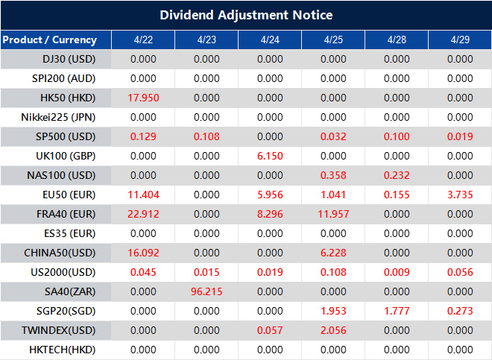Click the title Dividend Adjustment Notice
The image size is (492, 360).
coord(246,15)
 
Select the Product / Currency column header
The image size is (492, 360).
coord(50,40)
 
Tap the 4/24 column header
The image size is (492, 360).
coord(270,40)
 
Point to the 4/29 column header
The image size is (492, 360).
coord(459,40)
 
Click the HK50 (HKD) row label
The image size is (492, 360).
coord(68,98)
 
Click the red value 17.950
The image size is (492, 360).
coord(143,98)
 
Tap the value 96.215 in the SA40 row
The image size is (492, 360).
coord(206,291)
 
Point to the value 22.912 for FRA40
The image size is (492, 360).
coord(143,214)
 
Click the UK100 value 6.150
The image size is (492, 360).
coord(270,156)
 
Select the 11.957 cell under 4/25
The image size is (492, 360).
coord(333,214)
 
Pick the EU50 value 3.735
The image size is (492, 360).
coord(460,195)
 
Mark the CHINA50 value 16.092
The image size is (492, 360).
coord(143,253)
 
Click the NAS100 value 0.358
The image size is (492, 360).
coord(333,175)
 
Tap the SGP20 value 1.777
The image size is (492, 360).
coord(397,311)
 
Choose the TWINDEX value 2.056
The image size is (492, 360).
coord(333,330)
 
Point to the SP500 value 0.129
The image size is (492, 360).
coord(143,136)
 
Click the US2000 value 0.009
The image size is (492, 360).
coord(397,272)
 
